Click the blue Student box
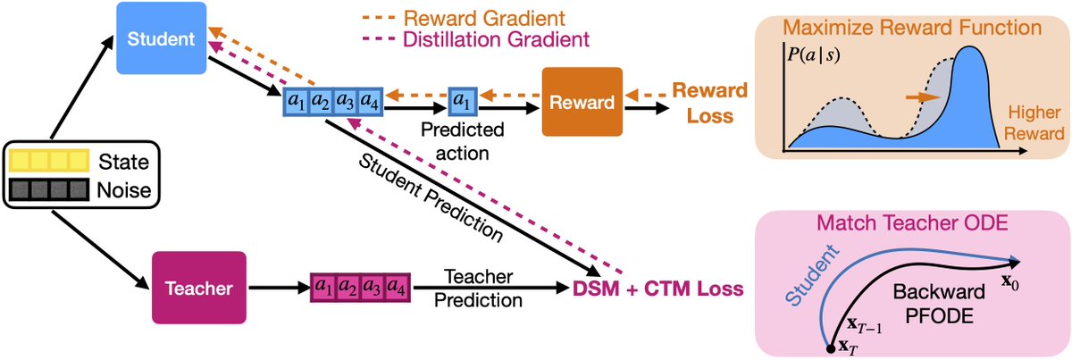(162, 38)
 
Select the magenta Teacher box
(199, 288)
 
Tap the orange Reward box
(582, 102)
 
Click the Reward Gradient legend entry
(464, 18)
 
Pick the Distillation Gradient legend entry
(475, 39)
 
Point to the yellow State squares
(49, 161)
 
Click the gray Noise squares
(49, 189)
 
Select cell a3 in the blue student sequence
(345, 102)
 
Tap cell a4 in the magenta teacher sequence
(397, 288)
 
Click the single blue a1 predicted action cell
(462, 102)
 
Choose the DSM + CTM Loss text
(658, 289)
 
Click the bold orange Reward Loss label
(709, 103)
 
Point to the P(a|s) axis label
(814, 55)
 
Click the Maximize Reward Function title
(912, 28)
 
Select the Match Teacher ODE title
(912, 222)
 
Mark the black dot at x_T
(831, 349)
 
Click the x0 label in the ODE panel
(1010, 282)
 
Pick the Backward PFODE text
(939, 304)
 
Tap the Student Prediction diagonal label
(431, 198)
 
